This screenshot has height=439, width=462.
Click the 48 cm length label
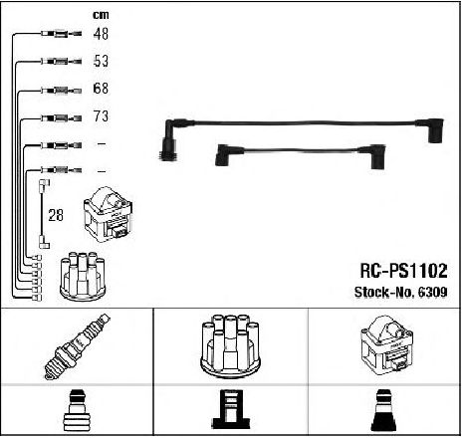[101, 34]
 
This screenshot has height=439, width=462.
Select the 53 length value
[101, 61]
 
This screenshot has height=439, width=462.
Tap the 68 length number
[101, 89]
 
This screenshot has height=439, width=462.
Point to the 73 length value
[101, 116]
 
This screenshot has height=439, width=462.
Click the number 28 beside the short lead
[56, 215]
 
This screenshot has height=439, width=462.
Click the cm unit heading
[101, 15]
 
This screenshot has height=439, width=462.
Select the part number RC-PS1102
[404, 271]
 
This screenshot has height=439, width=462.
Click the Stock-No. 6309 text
[401, 292]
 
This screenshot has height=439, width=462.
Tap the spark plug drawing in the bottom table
[78, 346]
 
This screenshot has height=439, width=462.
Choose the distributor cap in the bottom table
[230, 346]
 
